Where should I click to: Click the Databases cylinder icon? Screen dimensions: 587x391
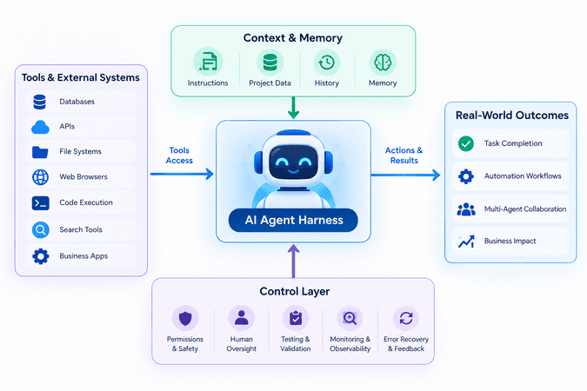click(40, 102)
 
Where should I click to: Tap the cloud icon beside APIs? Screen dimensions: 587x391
click(40, 127)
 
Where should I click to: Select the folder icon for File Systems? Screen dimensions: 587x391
click(40, 152)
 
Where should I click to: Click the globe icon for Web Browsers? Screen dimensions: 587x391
click(40, 177)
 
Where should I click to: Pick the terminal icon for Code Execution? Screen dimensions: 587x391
click(40, 202)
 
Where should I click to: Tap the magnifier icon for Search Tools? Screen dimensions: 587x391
click(40, 229)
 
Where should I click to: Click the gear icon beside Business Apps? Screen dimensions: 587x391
click(40, 256)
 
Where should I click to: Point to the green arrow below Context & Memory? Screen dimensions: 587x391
click(294, 108)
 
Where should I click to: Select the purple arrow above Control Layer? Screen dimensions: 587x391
click(294, 262)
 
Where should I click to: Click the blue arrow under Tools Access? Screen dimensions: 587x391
click(182, 174)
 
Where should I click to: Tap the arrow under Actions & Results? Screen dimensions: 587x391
click(405, 175)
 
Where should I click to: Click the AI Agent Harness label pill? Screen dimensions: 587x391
click(293, 220)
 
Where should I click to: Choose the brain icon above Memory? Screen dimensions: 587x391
click(383, 62)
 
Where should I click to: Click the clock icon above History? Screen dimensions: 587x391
click(327, 63)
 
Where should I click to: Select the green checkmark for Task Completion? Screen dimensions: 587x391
click(466, 143)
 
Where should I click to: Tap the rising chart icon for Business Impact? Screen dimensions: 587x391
click(466, 242)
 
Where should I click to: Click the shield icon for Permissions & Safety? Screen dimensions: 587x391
click(185, 318)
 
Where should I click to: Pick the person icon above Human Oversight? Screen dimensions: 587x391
click(242, 318)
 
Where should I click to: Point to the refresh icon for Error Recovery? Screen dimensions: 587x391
click(406, 318)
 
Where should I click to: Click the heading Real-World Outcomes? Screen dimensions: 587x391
click(511, 116)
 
